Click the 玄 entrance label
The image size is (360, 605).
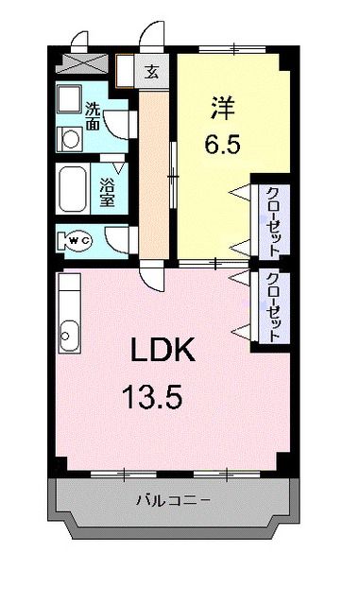click(x=151, y=70)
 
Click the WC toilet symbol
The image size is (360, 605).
click(x=77, y=241)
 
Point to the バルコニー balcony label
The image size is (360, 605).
click(x=173, y=499)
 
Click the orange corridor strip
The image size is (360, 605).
click(x=152, y=170)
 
